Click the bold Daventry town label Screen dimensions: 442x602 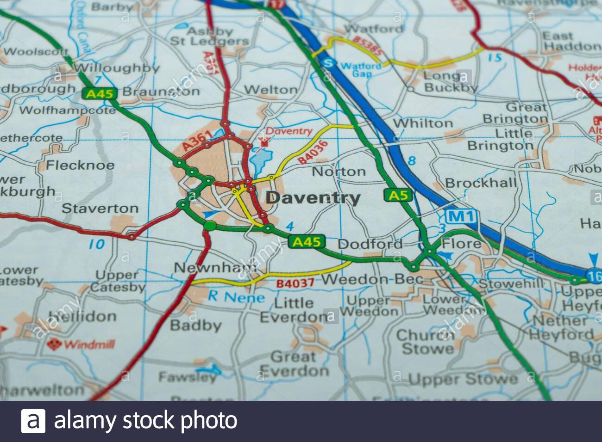314,198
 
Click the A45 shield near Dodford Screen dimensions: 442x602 307,242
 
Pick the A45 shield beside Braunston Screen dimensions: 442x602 99,93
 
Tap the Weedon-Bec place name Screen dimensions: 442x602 372,279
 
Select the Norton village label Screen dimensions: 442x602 339,172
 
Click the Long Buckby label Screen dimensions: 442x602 451,81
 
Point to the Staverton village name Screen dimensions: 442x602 100,208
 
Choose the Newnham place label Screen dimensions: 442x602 215,267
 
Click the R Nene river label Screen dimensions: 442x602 236,297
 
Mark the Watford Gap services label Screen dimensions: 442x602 361,69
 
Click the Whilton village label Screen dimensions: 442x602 422,123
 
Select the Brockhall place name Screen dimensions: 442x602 480,183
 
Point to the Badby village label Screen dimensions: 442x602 195,325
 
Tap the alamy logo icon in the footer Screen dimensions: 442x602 33,421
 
